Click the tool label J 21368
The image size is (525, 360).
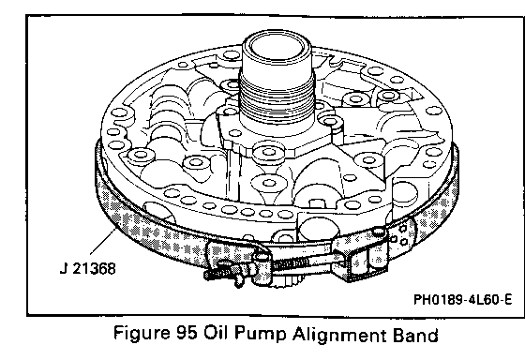coord(88,268)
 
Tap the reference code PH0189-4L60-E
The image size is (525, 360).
coord(463,299)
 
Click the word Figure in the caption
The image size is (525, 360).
coord(142,333)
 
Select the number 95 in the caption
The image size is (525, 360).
coord(186,333)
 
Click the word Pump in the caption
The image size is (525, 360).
coord(260,334)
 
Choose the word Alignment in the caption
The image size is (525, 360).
coord(338,334)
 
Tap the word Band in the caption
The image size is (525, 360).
coord(415,334)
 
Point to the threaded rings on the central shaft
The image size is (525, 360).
coord(277,97)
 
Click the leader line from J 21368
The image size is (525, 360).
coord(103,242)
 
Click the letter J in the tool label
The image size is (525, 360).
coord(63,268)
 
